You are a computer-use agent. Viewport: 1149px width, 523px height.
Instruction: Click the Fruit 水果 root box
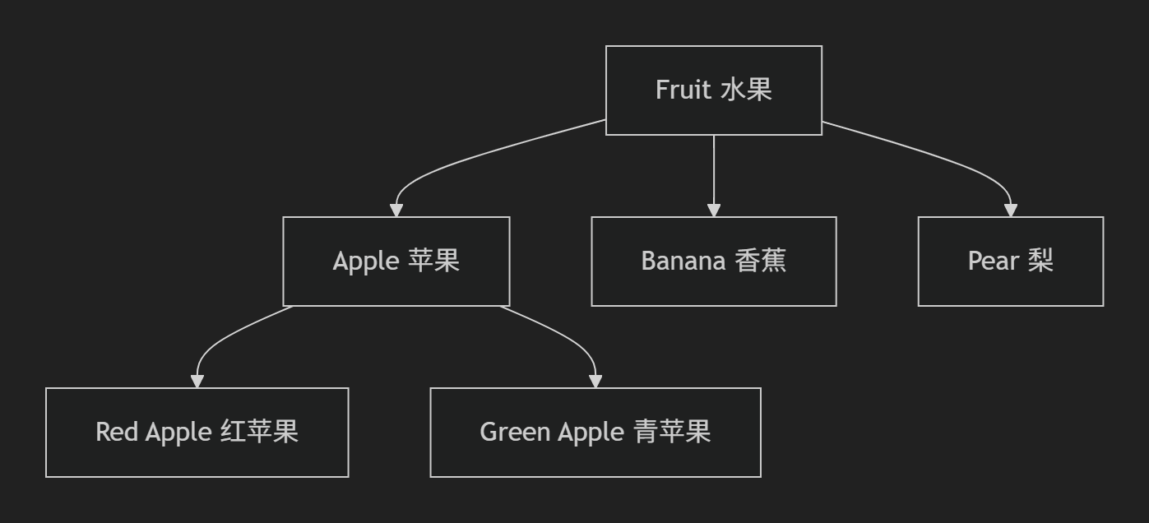coord(713,90)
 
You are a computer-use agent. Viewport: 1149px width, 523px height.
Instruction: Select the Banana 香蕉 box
coord(713,261)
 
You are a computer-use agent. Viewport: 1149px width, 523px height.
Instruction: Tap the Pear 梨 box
coord(1010,261)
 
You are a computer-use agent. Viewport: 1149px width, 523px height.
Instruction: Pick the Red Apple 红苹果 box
coord(197,432)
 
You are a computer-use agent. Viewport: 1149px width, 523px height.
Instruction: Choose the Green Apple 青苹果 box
coord(595,432)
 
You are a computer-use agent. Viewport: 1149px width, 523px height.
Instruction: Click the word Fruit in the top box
coord(683,90)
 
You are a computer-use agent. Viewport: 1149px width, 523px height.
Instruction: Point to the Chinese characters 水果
coord(746,90)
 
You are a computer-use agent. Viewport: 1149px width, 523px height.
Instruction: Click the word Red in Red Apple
coord(116,432)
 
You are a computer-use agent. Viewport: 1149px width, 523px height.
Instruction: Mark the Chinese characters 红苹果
coord(260,432)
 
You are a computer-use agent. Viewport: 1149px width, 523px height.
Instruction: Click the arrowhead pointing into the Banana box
coord(713,211)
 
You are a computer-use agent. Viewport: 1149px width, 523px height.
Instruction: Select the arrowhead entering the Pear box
coord(1011,211)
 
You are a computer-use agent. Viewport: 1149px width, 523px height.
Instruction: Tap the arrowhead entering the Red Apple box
coord(197,382)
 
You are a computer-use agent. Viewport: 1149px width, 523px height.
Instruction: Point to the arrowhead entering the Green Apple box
coord(595,382)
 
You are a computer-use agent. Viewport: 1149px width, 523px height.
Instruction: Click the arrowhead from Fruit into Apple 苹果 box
coord(396,211)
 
